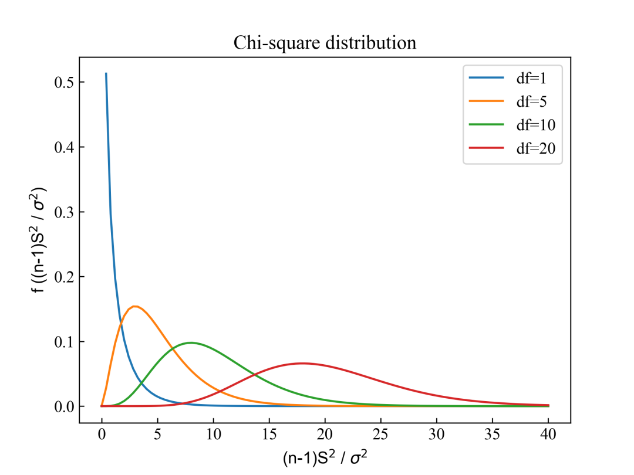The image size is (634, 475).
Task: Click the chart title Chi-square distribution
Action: pos(325,43)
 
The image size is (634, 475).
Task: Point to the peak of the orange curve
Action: pos(135,306)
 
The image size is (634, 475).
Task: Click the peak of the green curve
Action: pos(191,342)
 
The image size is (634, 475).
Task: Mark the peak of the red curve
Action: pos(302,363)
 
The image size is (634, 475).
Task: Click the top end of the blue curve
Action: pos(106,74)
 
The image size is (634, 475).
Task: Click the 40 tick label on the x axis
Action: pos(548,436)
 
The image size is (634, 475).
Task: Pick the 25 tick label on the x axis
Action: pos(380,436)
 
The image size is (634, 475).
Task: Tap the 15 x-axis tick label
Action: pos(269,436)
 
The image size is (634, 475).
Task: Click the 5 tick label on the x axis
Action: pos(157,436)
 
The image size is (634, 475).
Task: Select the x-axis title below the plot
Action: pos(325,456)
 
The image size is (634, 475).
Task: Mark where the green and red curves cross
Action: pos(253,374)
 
